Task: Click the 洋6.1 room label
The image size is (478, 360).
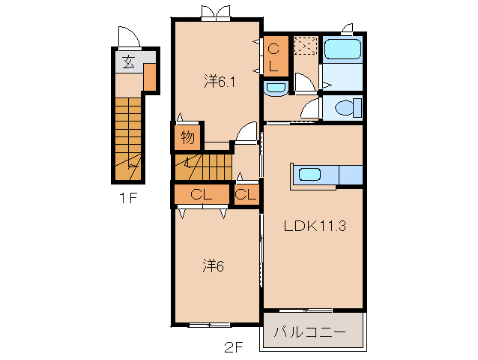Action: (x=220, y=82)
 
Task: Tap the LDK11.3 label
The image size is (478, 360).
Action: (x=315, y=226)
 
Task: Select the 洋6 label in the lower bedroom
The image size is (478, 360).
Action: (x=213, y=265)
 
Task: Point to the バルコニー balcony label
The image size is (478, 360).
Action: (x=309, y=331)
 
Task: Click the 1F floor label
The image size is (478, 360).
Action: (x=128, y=198)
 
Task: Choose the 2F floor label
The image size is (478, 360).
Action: (x=234, y=347)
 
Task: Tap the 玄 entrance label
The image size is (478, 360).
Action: (x=128, y=62)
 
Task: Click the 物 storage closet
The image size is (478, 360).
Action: (x=188, y=137)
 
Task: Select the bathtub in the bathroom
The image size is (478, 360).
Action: (x=342, y=49)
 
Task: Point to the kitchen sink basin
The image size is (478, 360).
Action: (x=309, y=175)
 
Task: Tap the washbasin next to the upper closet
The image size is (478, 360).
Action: (x=276, y=88)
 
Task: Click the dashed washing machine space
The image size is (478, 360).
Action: (x=306, y=46)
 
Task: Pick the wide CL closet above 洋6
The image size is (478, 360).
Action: (x=202, y=194)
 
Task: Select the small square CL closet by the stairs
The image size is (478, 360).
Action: (x=246, y=194)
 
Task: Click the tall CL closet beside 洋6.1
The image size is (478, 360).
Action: (x=276, y=56)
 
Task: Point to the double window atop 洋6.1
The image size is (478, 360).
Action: (x=216, y=13)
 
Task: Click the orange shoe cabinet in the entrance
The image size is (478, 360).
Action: (x=150, y=77)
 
